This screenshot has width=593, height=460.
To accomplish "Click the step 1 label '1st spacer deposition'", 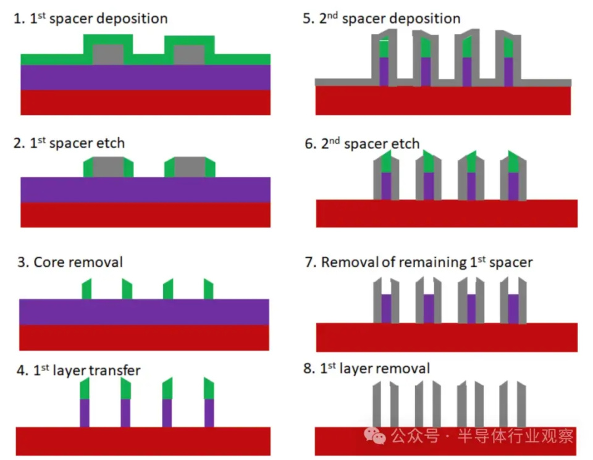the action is pos(90,19).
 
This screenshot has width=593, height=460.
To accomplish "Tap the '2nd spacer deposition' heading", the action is pos(382,19).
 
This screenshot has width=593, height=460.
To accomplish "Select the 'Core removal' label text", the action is pos(70,262).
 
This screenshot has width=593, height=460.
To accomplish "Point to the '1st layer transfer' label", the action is pos(78,370).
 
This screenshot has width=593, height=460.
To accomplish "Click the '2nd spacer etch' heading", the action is pos(363,144).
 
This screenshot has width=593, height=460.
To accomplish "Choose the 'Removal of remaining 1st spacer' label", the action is pos(419,262).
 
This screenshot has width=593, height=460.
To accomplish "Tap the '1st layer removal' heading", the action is pos(367,368).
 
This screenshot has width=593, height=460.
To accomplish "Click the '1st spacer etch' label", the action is pos(69,143).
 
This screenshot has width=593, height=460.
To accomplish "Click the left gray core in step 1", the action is pos(108,54).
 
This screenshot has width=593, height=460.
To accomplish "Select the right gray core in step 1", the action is pos(190,54).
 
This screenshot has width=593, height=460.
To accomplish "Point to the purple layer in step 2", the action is pos(146,190).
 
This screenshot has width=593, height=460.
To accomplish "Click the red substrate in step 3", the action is pos(144,338).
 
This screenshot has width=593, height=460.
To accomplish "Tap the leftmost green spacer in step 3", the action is pos(86,289).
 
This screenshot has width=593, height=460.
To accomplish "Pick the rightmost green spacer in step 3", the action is pos(208,289).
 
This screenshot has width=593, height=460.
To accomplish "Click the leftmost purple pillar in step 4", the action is pos(85,413).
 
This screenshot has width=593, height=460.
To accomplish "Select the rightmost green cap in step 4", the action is pos(209,388).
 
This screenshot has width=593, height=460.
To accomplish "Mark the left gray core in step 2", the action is pos(108,167).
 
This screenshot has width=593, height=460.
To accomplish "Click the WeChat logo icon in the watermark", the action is pos(375,436).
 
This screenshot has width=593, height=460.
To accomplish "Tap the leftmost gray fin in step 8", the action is pos(377,404).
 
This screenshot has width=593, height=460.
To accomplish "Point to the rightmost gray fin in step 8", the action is pos(521,404).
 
